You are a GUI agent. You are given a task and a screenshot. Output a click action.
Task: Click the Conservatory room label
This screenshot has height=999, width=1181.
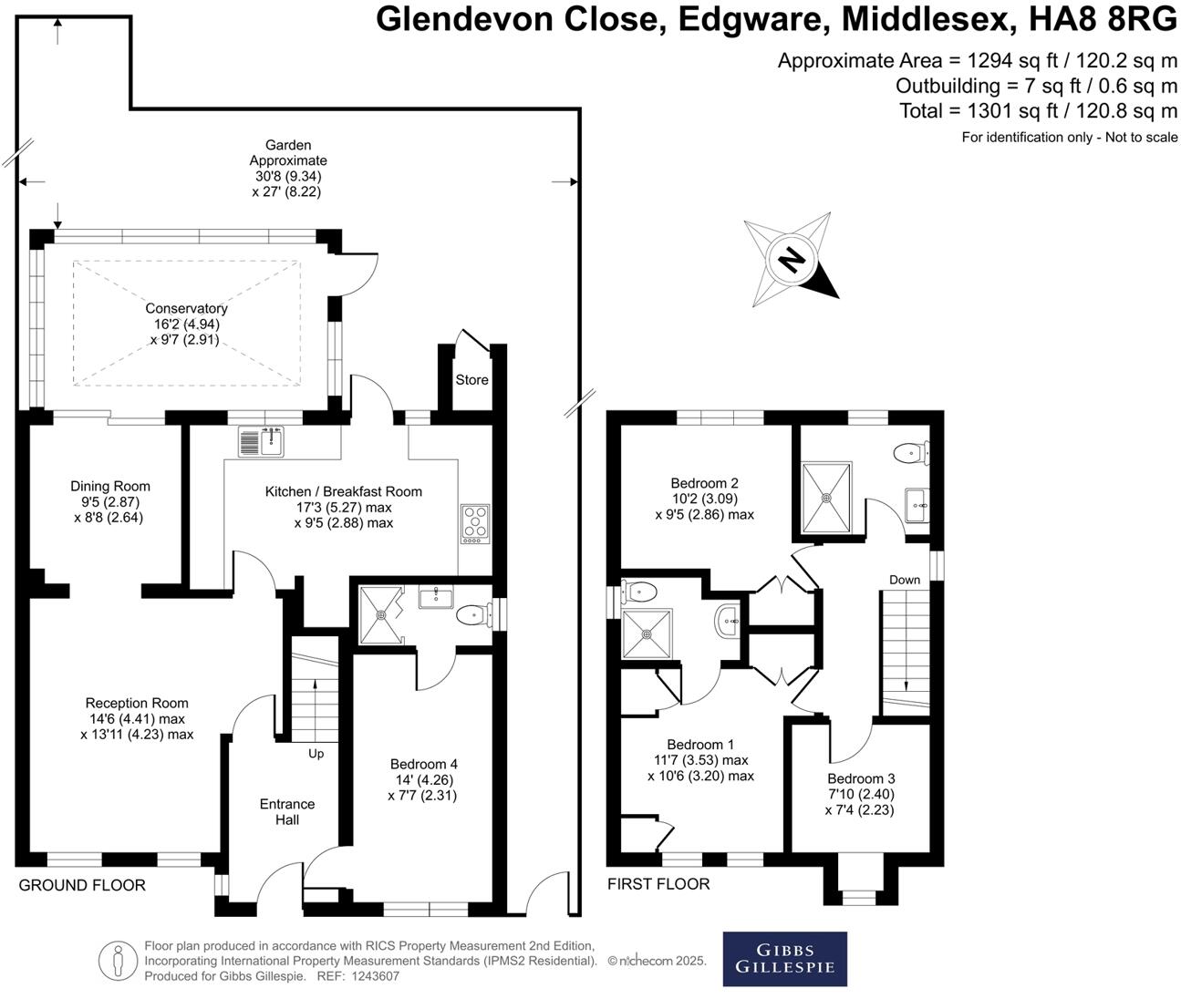186,309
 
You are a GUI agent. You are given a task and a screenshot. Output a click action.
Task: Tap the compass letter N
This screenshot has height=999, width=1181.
792,261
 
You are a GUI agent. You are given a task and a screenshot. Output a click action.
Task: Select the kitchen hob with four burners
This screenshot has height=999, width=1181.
475,524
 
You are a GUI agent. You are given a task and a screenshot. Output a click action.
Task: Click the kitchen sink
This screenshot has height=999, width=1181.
263,441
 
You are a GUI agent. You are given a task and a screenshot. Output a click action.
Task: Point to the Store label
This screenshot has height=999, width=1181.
471,379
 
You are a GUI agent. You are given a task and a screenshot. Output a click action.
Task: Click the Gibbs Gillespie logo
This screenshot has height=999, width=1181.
784,959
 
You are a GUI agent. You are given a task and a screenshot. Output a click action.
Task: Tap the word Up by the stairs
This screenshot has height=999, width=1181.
316,754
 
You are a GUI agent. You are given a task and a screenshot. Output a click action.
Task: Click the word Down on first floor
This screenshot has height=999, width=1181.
905,580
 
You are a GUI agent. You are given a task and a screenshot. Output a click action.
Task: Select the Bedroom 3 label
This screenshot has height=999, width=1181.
861,778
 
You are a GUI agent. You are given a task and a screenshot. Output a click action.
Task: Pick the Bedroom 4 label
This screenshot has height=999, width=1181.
423,764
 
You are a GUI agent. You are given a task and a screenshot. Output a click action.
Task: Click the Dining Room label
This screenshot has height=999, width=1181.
110,486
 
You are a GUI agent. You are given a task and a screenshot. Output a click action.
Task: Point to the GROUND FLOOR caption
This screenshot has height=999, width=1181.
82,885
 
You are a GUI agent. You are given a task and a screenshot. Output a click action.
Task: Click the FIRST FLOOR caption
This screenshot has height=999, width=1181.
658,883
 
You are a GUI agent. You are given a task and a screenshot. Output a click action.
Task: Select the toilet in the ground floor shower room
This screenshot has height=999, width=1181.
471,616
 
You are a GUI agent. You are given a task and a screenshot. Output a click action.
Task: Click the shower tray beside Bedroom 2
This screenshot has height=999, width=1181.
826,498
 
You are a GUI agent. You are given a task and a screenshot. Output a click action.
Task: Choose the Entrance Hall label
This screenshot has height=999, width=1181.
287,811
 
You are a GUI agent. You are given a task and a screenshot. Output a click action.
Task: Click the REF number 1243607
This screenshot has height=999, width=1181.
376,976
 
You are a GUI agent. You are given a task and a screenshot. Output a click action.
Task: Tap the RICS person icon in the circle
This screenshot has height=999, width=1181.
118,960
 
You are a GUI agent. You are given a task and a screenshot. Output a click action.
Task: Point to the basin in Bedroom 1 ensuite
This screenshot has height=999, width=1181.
729,623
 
